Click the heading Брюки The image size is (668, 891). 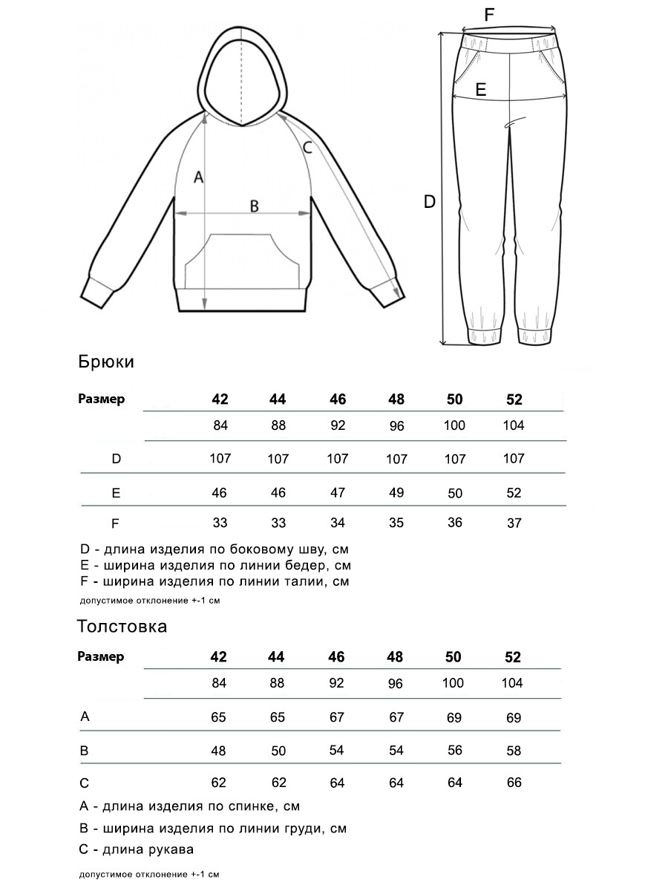point(105,362)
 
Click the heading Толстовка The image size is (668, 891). point(122,626)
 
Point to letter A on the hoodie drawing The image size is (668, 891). point(198,177)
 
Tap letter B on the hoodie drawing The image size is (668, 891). point(254,206)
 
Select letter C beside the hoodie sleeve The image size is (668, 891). point(307,147)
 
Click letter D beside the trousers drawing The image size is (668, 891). point(429,201)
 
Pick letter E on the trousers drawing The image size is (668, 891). point(480,90)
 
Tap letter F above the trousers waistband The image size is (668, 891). point(489,15)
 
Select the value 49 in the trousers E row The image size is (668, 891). point(396,493)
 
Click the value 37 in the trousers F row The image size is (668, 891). point(514,523)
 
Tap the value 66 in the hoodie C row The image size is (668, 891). point(514,783)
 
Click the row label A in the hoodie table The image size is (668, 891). point(85,717)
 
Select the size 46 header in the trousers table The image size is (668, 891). point(337,399)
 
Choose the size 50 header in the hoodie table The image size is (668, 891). point(453,657)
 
